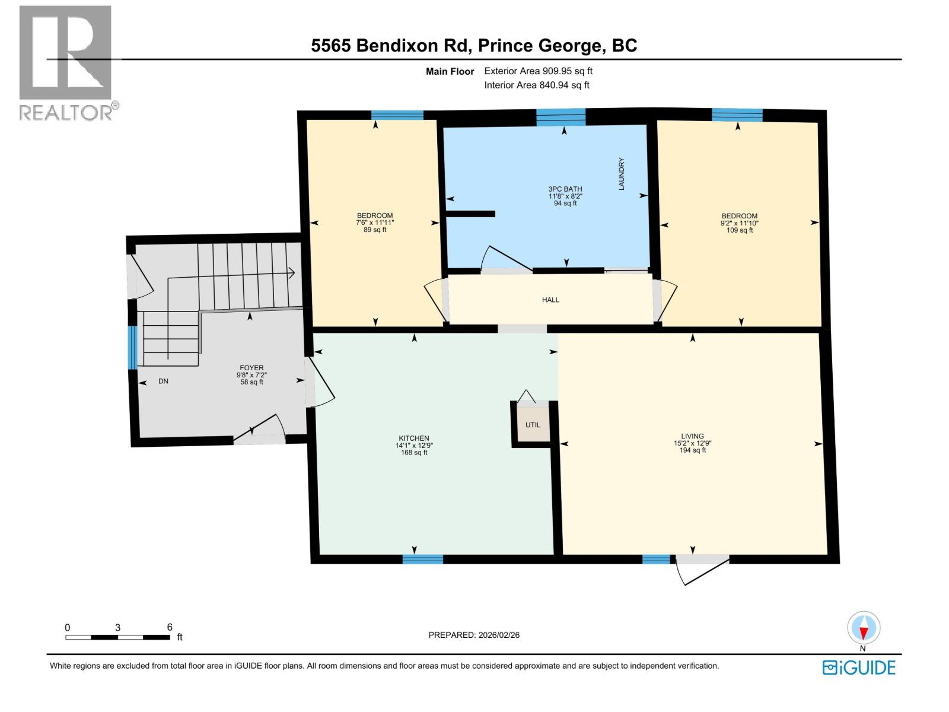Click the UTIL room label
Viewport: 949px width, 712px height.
pos(533,425)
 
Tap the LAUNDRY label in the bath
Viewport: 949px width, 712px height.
pos(622,174)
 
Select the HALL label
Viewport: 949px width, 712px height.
pos(550,300)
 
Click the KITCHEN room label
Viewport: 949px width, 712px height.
pos(413,438)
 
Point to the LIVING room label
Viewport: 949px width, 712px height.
pos(692,436)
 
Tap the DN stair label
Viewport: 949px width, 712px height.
pos(163,381)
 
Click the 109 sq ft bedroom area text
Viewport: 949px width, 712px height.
pos(740,230)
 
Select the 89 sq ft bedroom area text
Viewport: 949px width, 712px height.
pos(375,230)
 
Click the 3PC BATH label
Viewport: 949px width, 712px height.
pos(565,189)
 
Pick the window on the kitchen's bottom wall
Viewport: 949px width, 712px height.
pos(422,559)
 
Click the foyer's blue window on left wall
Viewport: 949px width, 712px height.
pos(133,347)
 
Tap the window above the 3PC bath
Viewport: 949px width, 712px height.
pos(561,117)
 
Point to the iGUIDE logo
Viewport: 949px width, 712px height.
pos(858,667)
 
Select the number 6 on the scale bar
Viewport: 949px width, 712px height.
pos(170,627)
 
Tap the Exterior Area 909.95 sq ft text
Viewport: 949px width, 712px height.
pos(538,71)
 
